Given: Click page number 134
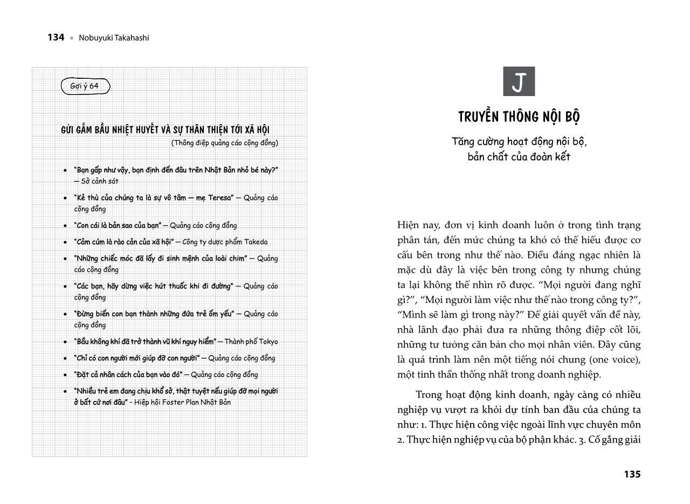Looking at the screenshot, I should click(56, 37).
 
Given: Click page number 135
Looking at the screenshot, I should click(632, 474).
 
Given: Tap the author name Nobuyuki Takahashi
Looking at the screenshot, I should click(114, 38).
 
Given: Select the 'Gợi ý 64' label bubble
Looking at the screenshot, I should click(85, 86).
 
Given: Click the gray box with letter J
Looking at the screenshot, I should click(519, 81).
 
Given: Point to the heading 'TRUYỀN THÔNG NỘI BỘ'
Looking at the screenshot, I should click(519, 117).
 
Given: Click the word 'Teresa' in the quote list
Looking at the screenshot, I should click(220, 197).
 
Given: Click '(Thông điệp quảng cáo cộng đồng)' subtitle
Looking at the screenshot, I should click(224, 143).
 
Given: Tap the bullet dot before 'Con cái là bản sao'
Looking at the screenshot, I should click(65, 226).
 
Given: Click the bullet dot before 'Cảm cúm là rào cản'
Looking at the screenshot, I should click(65, 242).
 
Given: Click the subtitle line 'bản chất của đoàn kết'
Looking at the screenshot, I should click(519, 157).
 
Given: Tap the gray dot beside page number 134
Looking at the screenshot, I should click(72, 38).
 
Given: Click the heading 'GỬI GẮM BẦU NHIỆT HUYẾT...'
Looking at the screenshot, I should click(165, 130).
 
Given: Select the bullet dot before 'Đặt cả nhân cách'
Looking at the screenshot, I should click(65, 375).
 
